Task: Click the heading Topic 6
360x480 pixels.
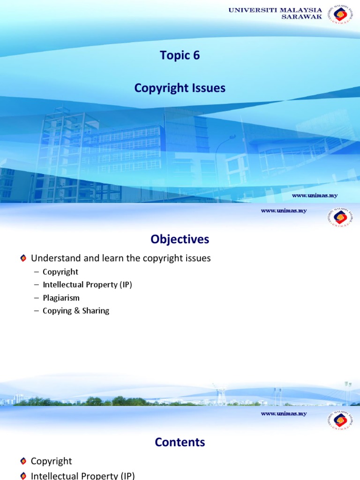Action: (180, 55)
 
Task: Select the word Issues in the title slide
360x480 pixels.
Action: (207, 88)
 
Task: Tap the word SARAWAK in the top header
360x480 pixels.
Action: (301, 16)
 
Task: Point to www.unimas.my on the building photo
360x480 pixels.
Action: (315, 195)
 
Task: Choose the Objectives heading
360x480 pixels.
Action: (180, 240)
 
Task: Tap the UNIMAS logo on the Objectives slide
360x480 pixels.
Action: (341, 219)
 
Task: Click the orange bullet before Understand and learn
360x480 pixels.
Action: (23, 258)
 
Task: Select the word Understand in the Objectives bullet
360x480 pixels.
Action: (52, 258)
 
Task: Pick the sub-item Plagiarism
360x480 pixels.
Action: (61, 298)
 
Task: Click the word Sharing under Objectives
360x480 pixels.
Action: (96, 311)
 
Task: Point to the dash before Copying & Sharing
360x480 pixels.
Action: (37, 311)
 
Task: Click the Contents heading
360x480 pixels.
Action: (180, 442)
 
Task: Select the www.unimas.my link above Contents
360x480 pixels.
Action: (284, 413)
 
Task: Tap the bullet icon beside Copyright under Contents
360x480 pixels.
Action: (23, 461)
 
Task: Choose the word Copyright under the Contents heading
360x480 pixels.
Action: (52, 461)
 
